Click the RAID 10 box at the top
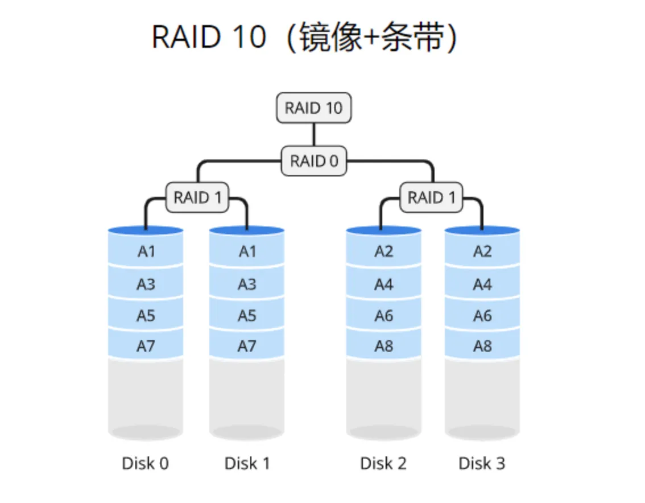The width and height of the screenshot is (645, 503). [x=313, y=108]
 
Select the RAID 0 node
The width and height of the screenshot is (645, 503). [x=314, y=161]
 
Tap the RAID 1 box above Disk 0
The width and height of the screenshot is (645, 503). [x=197, y=197]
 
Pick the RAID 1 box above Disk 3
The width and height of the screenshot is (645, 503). [x=432, y=197]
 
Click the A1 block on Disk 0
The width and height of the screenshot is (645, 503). [x=146, y=251]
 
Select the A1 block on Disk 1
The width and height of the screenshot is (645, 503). [x=247, y=251]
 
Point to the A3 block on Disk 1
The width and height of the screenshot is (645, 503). [x=247, y=283]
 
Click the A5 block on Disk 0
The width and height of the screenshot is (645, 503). [x=146, y=315]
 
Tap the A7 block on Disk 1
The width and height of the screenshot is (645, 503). [x=247, y=345]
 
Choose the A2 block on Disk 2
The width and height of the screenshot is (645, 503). [x=384, y=251]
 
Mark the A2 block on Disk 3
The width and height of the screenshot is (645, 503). [x=482, y=251]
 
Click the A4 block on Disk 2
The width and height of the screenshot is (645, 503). [x=384, y=283]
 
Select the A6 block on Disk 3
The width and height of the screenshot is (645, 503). [x=482, y=315]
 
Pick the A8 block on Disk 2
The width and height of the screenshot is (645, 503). [x=384, y=345]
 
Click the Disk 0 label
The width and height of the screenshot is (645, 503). [x=146, y=463]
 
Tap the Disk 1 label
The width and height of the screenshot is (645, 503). [x=247, y=463]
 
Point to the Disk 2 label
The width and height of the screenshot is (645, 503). [x=383, y=463]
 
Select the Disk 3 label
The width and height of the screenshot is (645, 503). [x=482, y=463]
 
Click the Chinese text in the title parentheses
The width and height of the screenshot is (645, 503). [x=371, y=38]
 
